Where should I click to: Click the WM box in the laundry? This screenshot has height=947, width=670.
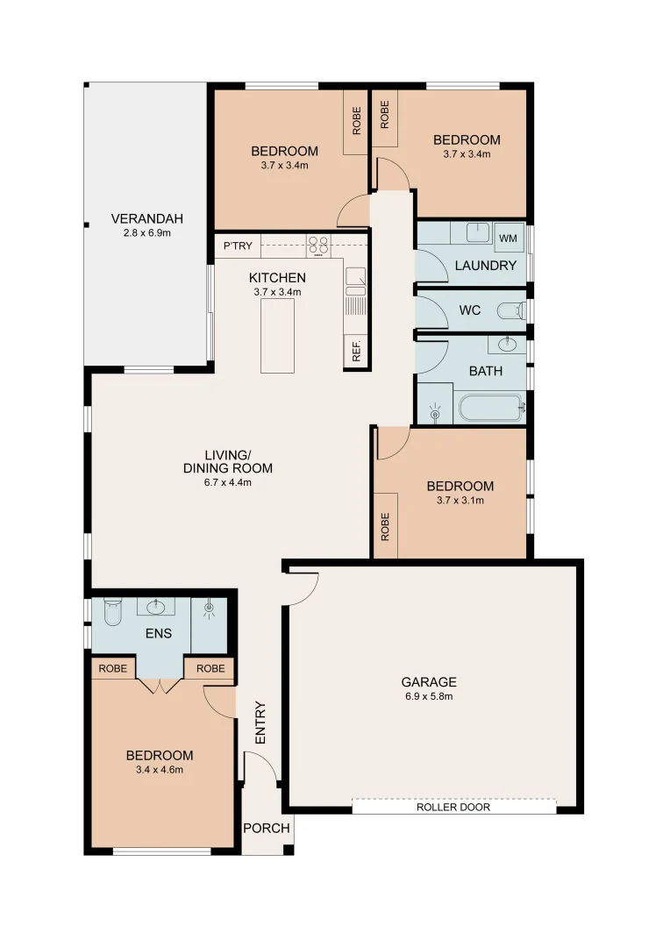(508, 238)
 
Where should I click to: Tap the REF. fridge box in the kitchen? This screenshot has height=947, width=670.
(355, 350)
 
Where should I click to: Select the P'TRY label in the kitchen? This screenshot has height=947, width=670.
(238, 246)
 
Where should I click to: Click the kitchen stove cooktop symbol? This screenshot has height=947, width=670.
(318, 246)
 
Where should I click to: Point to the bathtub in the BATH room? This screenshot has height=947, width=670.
(490, 408)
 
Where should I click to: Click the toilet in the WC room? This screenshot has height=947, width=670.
(511, 311)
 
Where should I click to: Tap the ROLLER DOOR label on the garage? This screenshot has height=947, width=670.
(453, 807)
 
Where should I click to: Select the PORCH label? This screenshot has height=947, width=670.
(267, 828)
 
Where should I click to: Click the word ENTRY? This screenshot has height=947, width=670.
(260, 723)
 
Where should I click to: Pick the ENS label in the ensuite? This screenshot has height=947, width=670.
(159, 633)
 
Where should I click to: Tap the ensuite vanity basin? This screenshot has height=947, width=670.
(158, 606)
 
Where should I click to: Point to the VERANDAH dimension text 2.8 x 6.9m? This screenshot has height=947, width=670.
(146, 233)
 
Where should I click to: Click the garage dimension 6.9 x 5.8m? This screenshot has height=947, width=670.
(429, 697)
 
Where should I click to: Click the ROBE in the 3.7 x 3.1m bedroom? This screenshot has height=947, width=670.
(385, 525)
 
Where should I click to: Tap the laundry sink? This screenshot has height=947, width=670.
(476, 232)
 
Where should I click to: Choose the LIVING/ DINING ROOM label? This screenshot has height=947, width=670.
(227, 461)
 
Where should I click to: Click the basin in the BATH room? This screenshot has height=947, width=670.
(507, 344)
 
